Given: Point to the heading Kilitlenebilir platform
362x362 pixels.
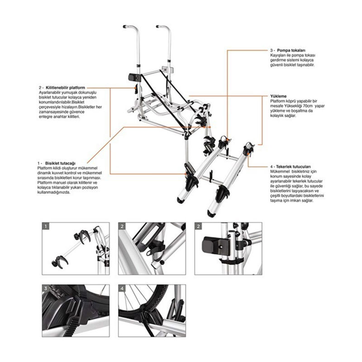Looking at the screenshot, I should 65,87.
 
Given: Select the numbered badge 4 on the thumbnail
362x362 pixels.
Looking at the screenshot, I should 121,288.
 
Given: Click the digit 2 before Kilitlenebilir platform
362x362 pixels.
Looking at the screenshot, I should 41,87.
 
